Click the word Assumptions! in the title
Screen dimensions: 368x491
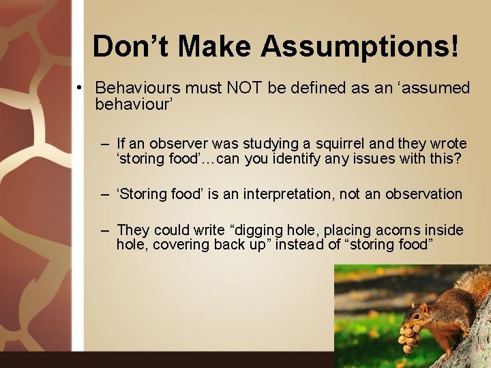(359, 46)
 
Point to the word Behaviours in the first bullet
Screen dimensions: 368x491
(136, 88)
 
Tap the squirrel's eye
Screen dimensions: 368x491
(424, 311)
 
